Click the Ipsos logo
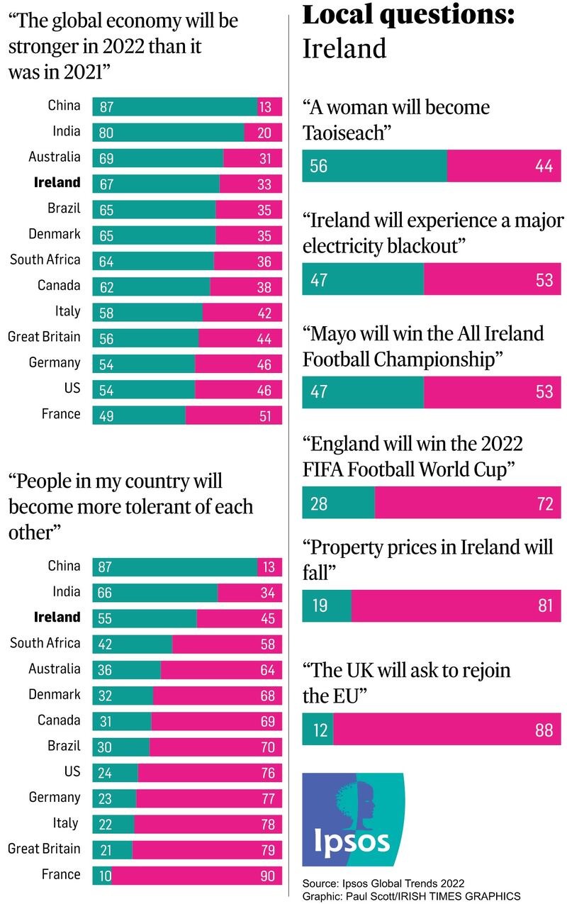point(353,819)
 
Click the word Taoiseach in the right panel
point(342,133)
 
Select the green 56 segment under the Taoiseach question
point(374,166)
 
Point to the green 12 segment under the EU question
point(318,730)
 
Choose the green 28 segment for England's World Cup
point(338,503)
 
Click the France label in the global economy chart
point(61,414)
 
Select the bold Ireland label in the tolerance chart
point(57,617)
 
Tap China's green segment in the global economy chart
point(174,106)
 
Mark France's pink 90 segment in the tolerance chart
point(196,876)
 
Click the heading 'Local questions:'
point(408,15)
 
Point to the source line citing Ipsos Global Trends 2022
point(383,883)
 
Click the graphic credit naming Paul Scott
point(411,895)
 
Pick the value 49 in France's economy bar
point(106,415)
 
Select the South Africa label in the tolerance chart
point(45,643)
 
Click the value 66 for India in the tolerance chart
point(104,593)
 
